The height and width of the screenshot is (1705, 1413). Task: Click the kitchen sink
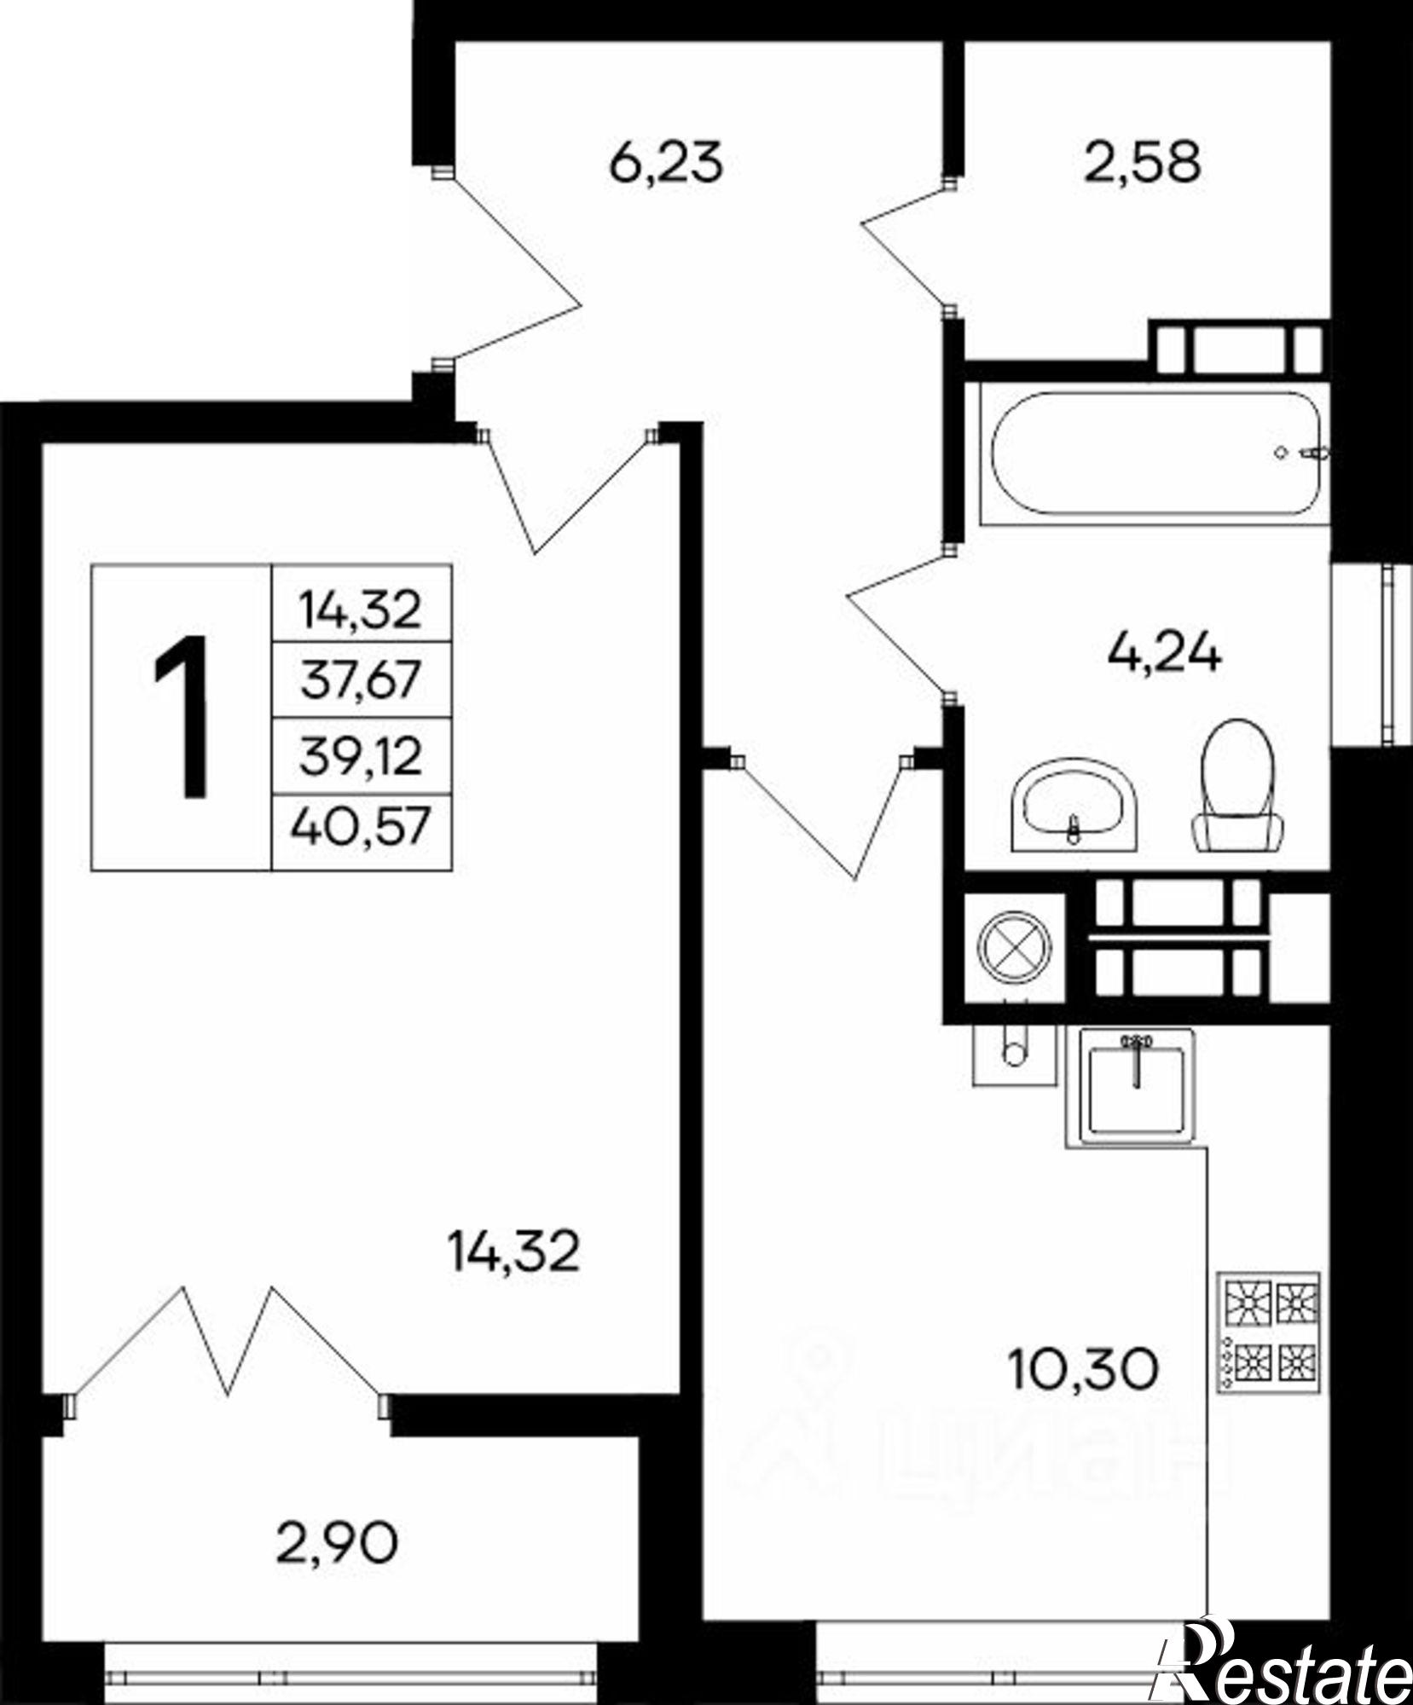1138,1086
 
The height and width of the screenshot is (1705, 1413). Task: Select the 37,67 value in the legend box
361,680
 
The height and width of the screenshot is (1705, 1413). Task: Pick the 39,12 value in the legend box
361,755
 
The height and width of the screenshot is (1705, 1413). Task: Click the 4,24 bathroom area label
1164,654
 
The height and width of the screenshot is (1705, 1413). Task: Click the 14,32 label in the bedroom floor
514,1253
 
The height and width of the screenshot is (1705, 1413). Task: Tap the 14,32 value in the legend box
361,610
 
